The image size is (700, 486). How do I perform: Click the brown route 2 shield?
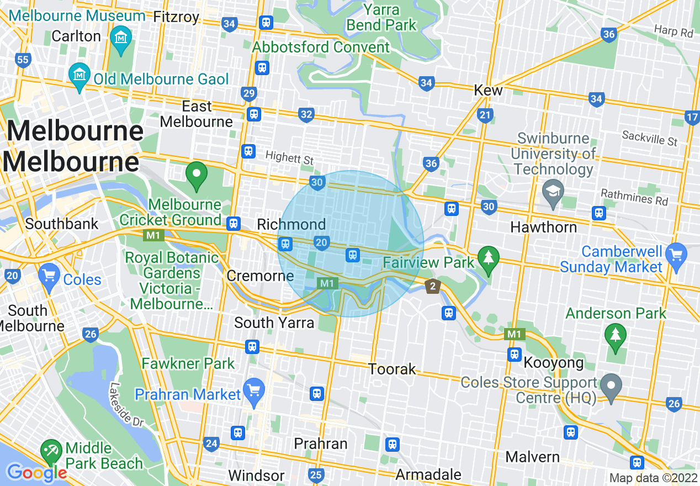[433, 286]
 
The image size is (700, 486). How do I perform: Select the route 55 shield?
[23, 60]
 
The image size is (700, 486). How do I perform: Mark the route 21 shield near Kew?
[485, 115]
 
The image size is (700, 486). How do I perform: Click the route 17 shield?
[692, 117]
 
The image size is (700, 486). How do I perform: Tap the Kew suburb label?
[489, 90]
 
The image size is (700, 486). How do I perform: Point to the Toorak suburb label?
[392, 369]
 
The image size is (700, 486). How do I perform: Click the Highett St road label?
[289, 158]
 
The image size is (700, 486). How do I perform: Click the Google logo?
[36, 472]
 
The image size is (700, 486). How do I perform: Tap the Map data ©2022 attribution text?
[653, 478]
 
